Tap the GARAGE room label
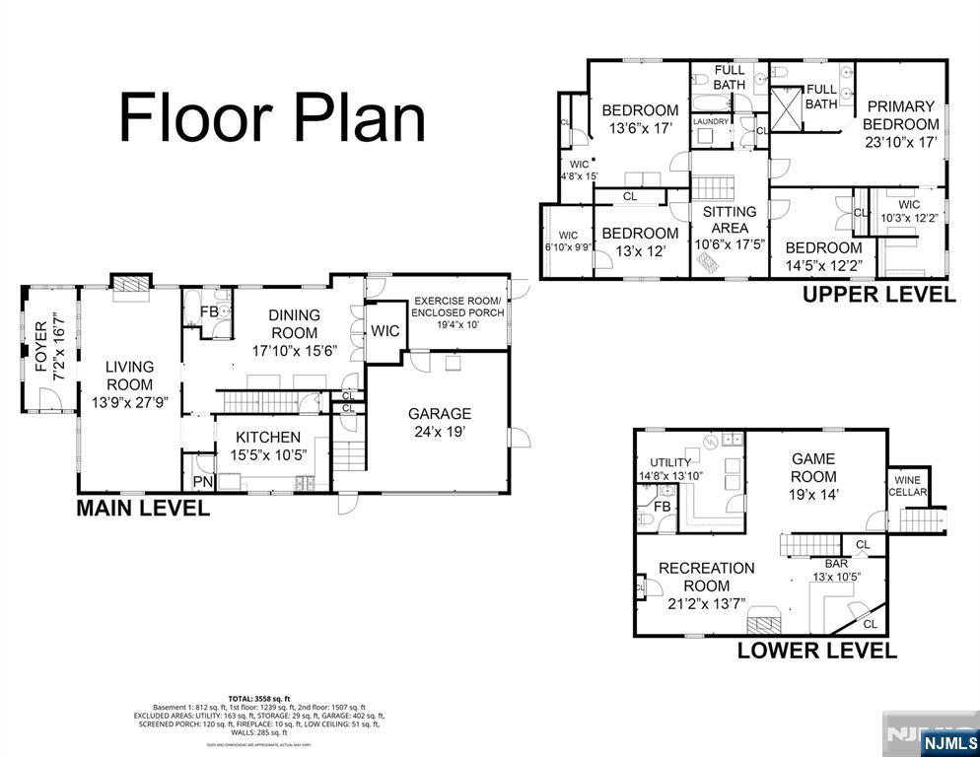(x=439, y=423)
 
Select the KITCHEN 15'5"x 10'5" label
(x=267, y=446)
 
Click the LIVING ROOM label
(x=129, y=384)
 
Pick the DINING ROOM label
(x=295, y=333)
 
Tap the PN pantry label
(x=202, y=482)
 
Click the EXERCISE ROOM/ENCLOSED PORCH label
(x=456, y=311)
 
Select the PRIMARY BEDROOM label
(x=900, y=124)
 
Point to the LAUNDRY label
(x=711, y=121)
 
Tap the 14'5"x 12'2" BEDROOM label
(x=822, y=256)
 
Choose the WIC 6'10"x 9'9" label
(x=568, y=241)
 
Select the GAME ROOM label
(x=813, y=476)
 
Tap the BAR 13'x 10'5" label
(x=837, y=570)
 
